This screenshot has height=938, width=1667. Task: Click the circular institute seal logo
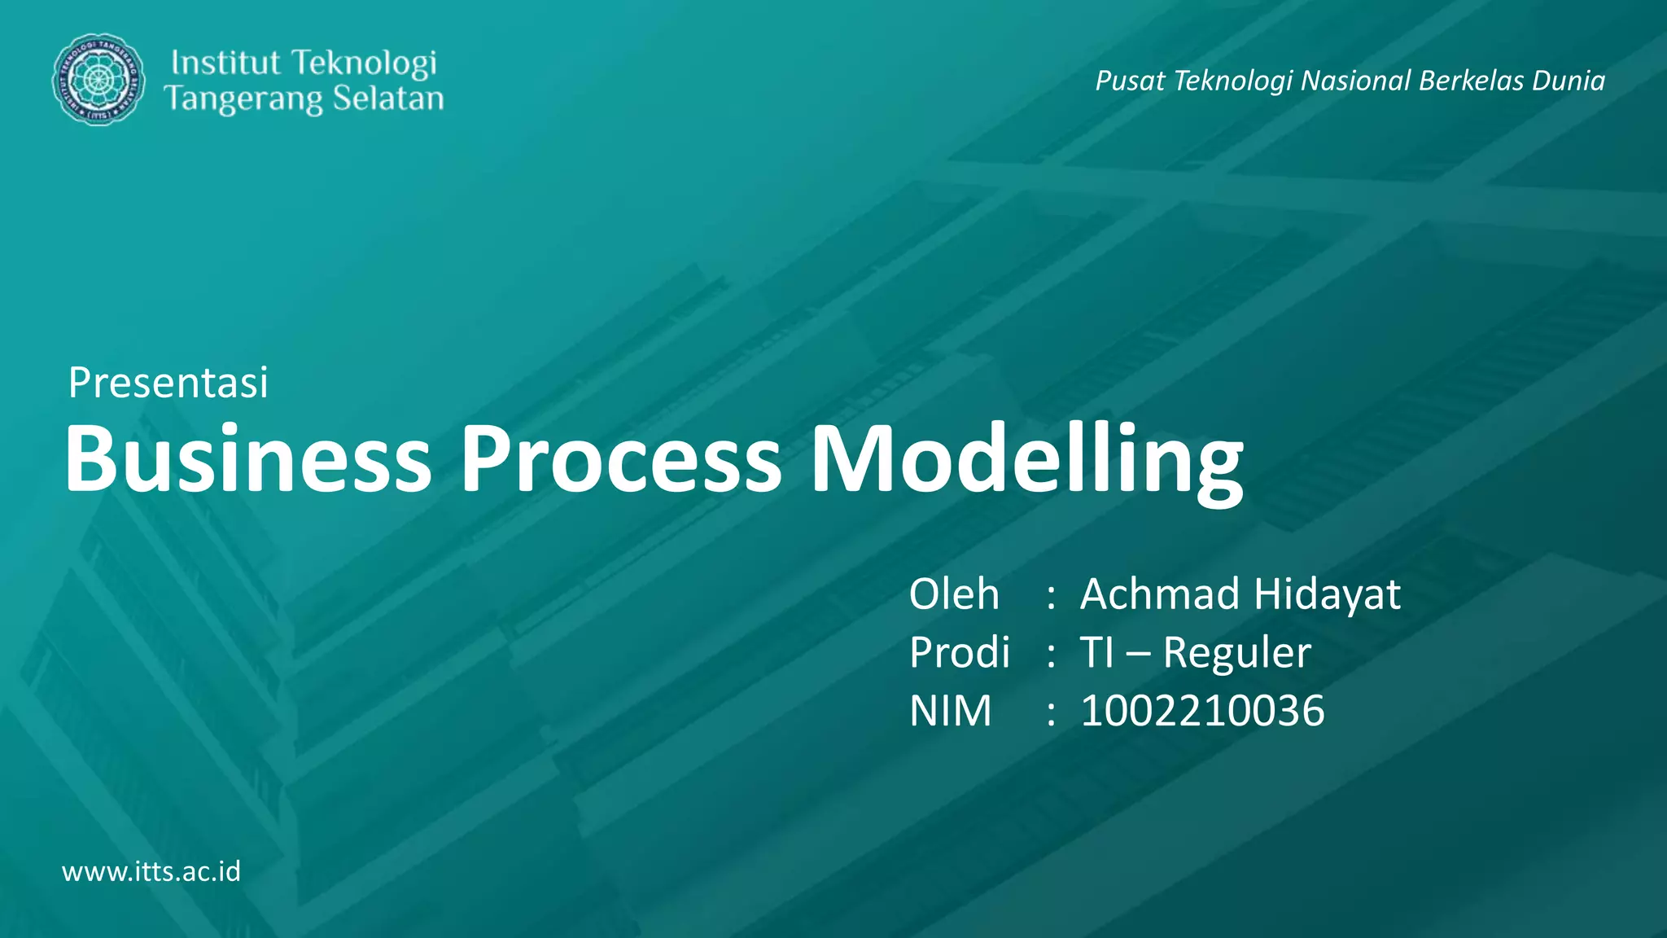click(98, 80)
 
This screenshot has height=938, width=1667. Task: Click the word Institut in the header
click(225, 63)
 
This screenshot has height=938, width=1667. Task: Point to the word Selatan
click(388, 99)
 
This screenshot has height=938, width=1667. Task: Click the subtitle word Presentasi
click(168, 383)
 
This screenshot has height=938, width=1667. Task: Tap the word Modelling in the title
click(1026, 461)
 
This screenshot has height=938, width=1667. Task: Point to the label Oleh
click(953, 594)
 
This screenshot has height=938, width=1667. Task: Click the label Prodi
click(959, 652)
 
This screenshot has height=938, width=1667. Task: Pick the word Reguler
click(1236, 654)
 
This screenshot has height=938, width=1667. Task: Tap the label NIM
click(950, 711)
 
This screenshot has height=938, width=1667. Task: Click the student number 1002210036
click(1202, 711)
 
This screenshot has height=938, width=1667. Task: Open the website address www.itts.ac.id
click(151, 871)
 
